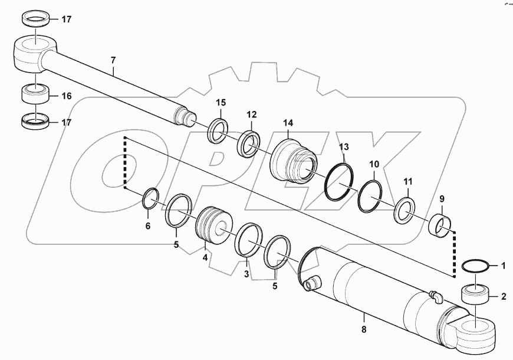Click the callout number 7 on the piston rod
click(x=113, y=61)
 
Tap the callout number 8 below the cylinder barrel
click(x=363, y=329)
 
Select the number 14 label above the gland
click(x=288, y=123)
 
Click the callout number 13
click(x=344, y=146)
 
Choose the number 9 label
click(x=442, y=200)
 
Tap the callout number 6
click(x=147, y=226)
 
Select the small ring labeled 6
click(x=150, y=197)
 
